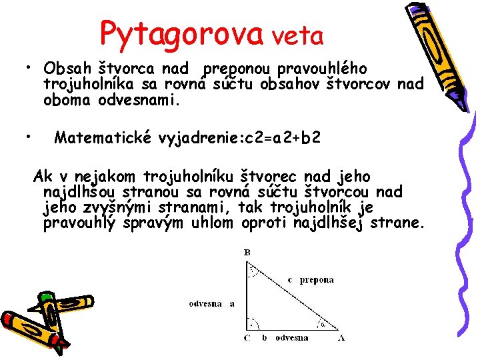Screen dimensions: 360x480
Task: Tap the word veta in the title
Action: pos(298,35)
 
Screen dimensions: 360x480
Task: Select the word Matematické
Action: pos(104,138)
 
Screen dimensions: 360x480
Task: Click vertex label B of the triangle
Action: pos(247,253)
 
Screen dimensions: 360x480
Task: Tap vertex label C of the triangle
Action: pos(247,338)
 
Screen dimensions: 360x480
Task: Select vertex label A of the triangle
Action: pos(342,338)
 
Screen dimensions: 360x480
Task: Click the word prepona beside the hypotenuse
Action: pos(316,280)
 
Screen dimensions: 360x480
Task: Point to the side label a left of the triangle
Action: pos(232,303)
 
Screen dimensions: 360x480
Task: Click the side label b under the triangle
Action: pos(264,338)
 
